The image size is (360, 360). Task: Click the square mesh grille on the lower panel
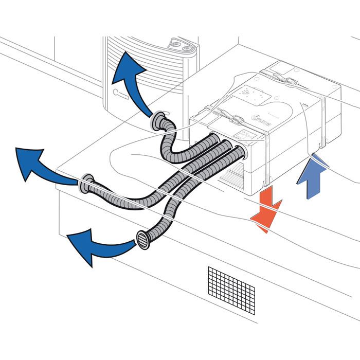tap(231, 289)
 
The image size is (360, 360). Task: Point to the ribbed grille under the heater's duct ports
tap(234, 175)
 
